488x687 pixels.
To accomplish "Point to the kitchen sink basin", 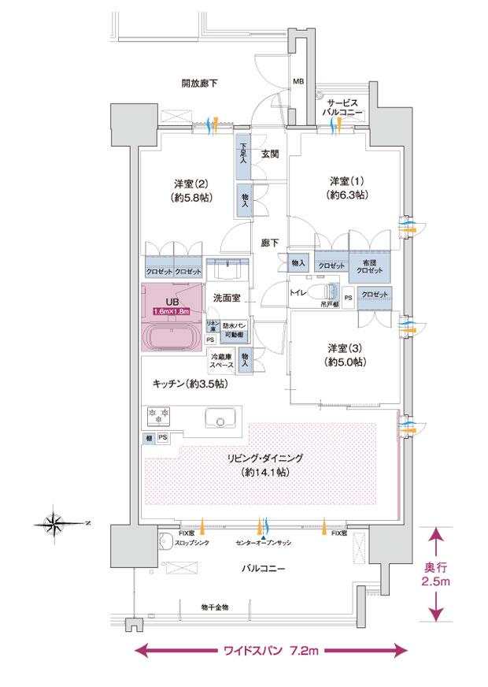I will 216,418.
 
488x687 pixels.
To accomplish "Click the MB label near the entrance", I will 298,81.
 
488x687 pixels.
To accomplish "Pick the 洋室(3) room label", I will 346,355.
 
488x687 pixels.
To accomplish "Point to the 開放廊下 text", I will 199,82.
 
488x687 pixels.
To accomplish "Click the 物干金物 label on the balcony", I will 214,607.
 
